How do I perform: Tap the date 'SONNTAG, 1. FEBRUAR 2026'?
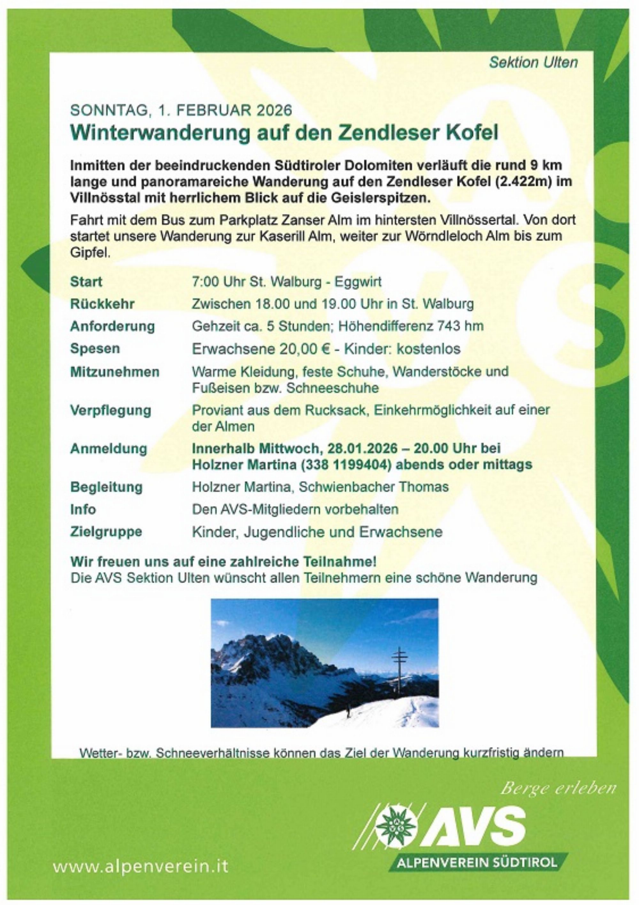pos(181,110)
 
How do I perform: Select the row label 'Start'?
pos(86,282)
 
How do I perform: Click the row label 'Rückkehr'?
pos(103,304)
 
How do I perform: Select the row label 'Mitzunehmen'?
pos(115,372)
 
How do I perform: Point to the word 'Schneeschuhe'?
pos(333,388)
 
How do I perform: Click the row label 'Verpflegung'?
pos(111,410)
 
